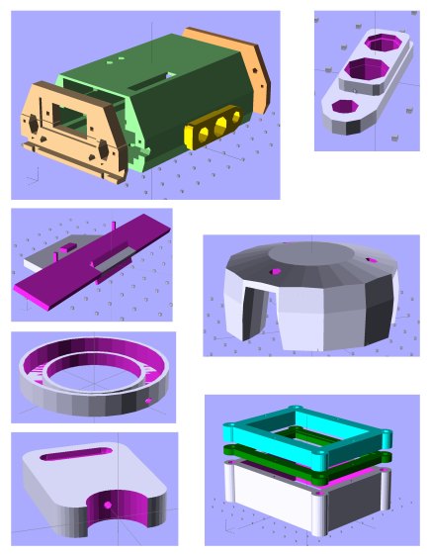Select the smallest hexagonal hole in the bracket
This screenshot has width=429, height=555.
pos(345,105)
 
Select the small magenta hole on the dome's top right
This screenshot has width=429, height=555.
pos(372,262)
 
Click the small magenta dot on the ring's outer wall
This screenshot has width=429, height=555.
pos(148,402)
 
